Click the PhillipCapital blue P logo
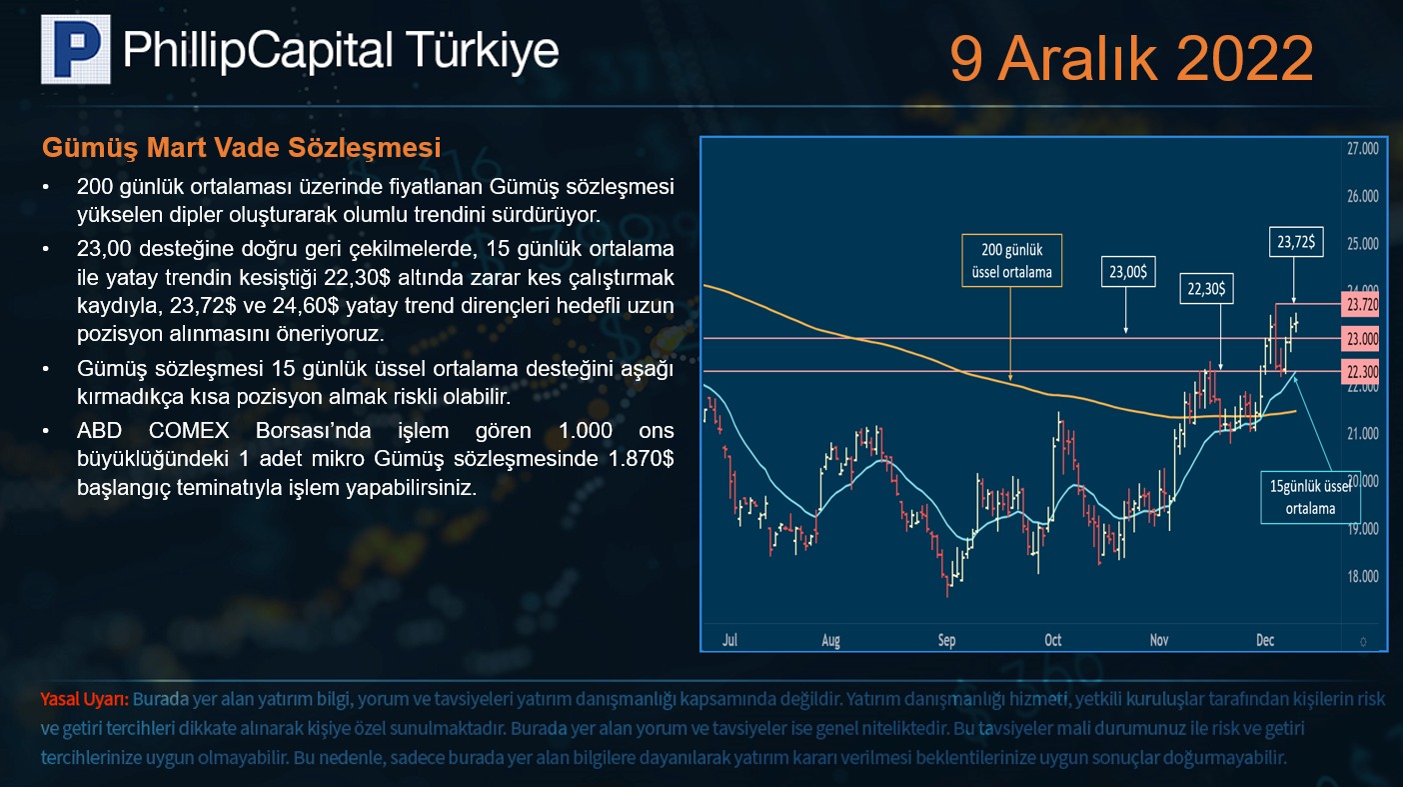[x=76, y=50]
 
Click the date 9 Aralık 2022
[x=1131, y=58]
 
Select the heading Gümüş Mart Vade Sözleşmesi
[x=241, y=148]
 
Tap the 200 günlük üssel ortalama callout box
[x=1011, y=261]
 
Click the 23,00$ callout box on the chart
[x=1128, y=271]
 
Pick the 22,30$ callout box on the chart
[x=1206, y=288]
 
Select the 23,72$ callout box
[x=1296, y=241]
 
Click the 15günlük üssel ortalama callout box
[x=1310, y=498]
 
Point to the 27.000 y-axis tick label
[x=1363, y=149]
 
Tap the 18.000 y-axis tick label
[x=1363, y=576]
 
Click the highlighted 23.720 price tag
[x=1361, y=305]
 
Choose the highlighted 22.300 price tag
[x=1361, y=372]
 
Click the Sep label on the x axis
[x=946, y=640]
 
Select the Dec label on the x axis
[x=1264, y=640]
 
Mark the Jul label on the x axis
[x=729, y=640]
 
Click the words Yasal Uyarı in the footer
[x=85, y=699]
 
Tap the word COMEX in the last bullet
[x=189, y=430]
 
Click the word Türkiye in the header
[x=481, y=50]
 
